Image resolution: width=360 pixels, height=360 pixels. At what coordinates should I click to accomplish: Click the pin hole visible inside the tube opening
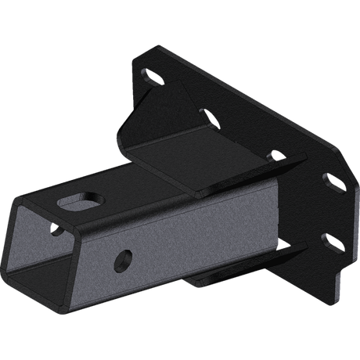pos(57,231)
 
